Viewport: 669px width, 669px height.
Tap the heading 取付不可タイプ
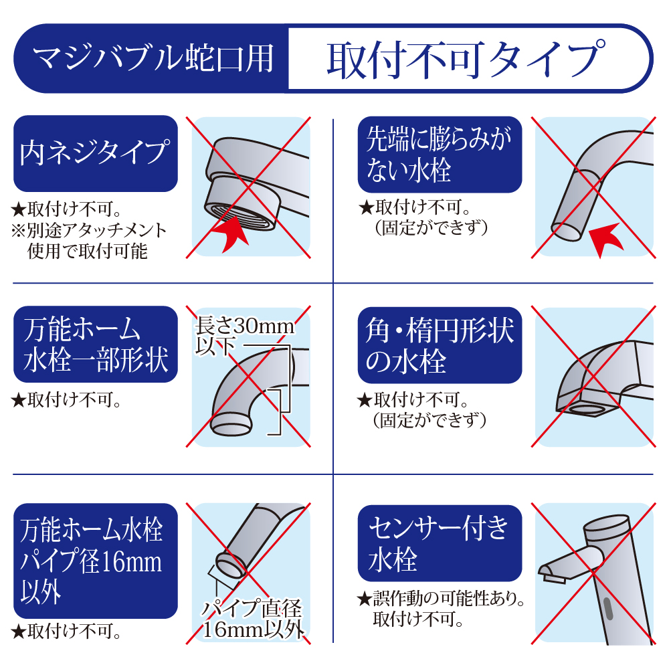[x=466, y=60]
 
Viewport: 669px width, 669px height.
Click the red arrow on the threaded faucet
[x=230, y=233]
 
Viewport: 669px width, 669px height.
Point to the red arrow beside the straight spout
[x=606, y=239]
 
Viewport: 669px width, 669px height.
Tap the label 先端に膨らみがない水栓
[x=440, y=155]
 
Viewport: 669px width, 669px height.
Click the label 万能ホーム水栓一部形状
[x=96, y=344]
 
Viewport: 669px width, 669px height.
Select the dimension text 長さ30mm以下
[x=244, y=336]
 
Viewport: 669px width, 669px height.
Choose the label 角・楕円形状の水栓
[x=440, y=345]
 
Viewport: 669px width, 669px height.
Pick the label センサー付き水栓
[x=440, y=543]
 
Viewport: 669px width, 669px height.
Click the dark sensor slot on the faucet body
[x=608, y=609]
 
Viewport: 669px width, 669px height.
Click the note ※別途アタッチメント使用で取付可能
[x=89, y=241]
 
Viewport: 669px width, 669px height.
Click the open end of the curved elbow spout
[x=231, y=425]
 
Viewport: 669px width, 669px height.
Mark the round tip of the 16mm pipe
[x=230, y=565]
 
